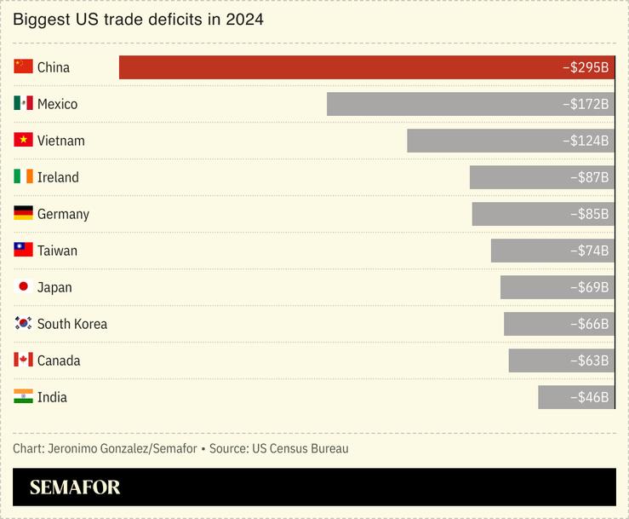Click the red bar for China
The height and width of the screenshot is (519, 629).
[340, 67]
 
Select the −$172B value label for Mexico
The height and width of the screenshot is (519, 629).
[586, 104]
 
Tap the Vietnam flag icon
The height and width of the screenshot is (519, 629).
[23, 141]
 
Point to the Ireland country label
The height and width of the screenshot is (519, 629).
[58, 177]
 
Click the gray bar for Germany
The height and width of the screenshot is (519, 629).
[519, 214]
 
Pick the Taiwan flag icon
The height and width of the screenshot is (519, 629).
[23, 251]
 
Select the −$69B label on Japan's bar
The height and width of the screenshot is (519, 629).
[590, 287]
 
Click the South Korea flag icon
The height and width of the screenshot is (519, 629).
[23, 324]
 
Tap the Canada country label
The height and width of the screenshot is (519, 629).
[59, 360]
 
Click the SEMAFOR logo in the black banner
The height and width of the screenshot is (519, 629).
[75, 487]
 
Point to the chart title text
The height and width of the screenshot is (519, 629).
[138, 20]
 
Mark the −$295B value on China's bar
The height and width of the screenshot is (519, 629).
[586, 67]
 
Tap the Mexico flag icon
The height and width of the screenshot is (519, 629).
[23, 104]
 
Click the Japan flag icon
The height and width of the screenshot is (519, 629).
[23, 287]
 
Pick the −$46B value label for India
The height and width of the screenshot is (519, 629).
[590, 397]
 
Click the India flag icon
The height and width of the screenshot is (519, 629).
[23, 397]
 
